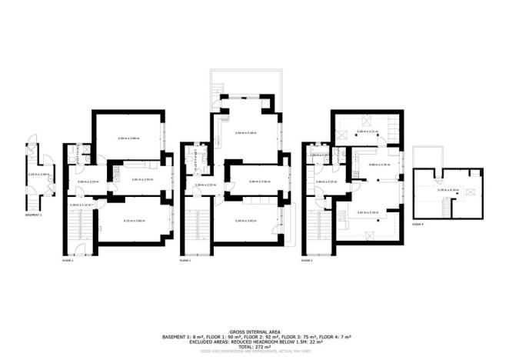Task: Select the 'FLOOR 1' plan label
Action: pyautogui.click(x=68, y=262)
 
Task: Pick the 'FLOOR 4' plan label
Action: pyautogui.click(x=417, y=224)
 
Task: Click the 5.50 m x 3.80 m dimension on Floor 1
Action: pyautogui.click(x=128, y=138)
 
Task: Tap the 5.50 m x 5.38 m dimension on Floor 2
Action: pyautogui.click(x=246, y=133)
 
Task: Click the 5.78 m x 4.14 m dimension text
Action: pyautogui.click(x=447, y=190)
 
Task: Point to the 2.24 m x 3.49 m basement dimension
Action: pyautogui.click(x=38, y=175)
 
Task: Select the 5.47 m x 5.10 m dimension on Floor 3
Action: pyautogui.click(x=368, y=212)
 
